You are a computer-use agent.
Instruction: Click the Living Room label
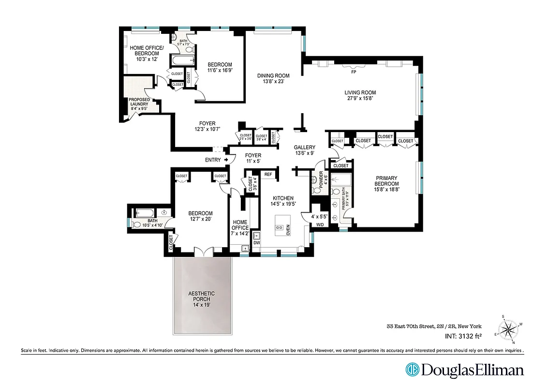click(360, 92)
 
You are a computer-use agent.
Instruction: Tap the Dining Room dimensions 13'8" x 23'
click(273, 82)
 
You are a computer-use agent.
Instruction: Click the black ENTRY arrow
click(226, 160)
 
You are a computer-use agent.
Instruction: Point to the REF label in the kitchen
click(268, 174)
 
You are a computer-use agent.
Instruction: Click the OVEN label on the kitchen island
click(288, 230)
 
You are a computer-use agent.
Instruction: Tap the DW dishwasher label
click(256, 243)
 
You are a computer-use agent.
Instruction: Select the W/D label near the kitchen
click(320, 224)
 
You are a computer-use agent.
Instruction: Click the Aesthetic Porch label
click(202, 297)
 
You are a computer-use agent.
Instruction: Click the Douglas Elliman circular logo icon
click(412, 370)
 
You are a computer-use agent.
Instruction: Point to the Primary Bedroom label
click(387, 183)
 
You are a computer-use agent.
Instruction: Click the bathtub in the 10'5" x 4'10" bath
click(144, 212)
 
